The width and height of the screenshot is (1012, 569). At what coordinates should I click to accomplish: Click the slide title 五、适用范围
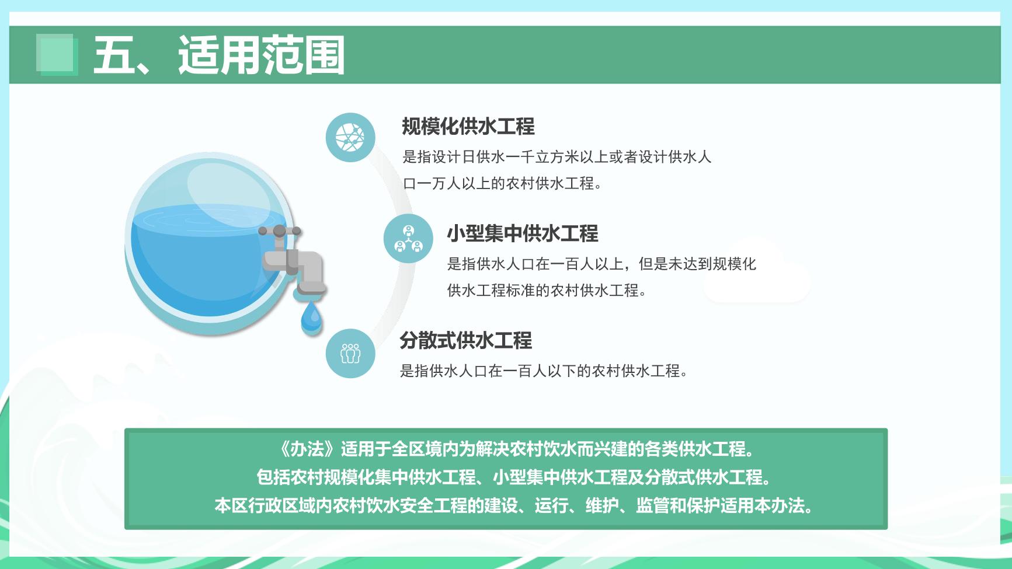point(219,55)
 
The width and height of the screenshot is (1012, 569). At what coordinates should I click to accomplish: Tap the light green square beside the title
point(57,54)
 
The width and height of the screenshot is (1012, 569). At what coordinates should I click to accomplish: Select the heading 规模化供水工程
point(468,126)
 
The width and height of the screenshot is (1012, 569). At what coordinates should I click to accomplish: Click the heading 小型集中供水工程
point(523,233)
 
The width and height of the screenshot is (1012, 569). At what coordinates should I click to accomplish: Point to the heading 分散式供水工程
point(466,340)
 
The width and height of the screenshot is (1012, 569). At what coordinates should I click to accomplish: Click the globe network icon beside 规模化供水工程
point(350,138)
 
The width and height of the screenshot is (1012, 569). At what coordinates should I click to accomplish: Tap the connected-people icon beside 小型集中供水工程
point(408,238)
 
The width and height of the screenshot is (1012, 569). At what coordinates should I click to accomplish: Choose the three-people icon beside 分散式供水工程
point(350,353)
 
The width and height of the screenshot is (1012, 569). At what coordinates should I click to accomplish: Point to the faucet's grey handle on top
point(280,231)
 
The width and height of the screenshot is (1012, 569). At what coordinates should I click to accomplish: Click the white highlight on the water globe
point(229,190)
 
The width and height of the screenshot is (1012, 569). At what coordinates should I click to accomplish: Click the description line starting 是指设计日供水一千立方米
point(557,157)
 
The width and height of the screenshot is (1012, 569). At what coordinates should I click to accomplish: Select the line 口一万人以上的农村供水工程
point(502,183)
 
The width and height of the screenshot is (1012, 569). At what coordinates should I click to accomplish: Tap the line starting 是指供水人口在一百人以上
point(601,264)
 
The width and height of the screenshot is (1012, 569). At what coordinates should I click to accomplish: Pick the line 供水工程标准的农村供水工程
point(547,290)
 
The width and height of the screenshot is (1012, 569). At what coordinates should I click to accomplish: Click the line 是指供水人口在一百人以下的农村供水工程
point(544,371)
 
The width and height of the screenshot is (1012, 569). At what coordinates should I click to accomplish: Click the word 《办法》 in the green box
point(307,449)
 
